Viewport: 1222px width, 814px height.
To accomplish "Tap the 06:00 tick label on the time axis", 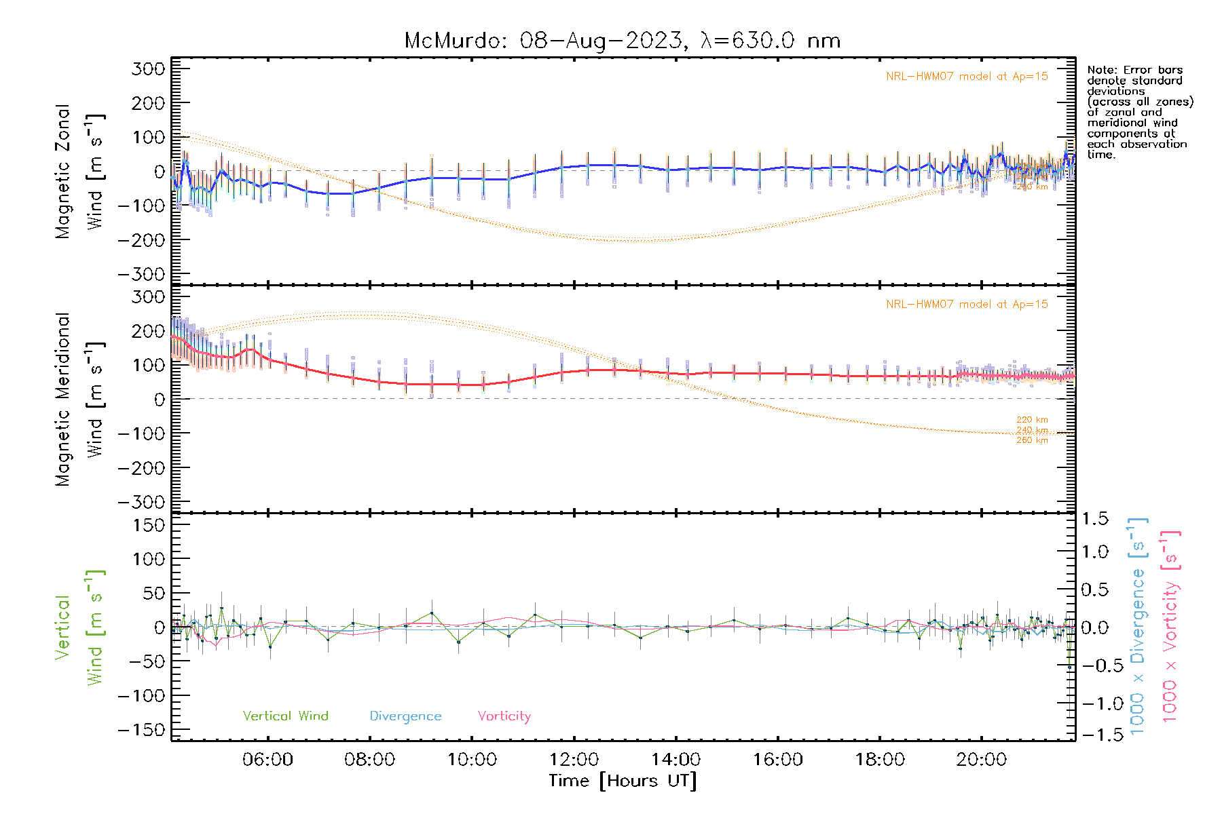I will point(267,759).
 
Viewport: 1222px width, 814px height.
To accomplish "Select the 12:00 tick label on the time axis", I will point(574,759).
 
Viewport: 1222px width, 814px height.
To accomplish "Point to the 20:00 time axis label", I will point(981,759).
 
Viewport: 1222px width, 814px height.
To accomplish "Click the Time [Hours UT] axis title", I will point(623,781).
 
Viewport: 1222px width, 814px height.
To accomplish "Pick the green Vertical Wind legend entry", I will point(285,716).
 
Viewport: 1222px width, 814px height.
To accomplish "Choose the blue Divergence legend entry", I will point(405,716).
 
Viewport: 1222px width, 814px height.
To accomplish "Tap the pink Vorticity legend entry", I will point(504,716).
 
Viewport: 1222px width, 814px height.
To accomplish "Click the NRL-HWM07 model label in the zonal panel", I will point(967,77).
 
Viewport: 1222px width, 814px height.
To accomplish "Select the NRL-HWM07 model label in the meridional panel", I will point(967,305).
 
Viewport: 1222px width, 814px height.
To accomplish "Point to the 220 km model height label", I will point(1032,420).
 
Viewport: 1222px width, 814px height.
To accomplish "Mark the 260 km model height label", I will point(1032,440).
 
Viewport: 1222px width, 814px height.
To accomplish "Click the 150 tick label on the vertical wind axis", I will point(149,525).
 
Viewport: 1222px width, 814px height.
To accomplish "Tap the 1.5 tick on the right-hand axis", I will point(1095,519).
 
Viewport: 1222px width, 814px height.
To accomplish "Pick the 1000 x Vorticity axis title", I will point(1170,625).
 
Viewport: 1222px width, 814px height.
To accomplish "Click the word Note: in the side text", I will point(1102,70).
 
